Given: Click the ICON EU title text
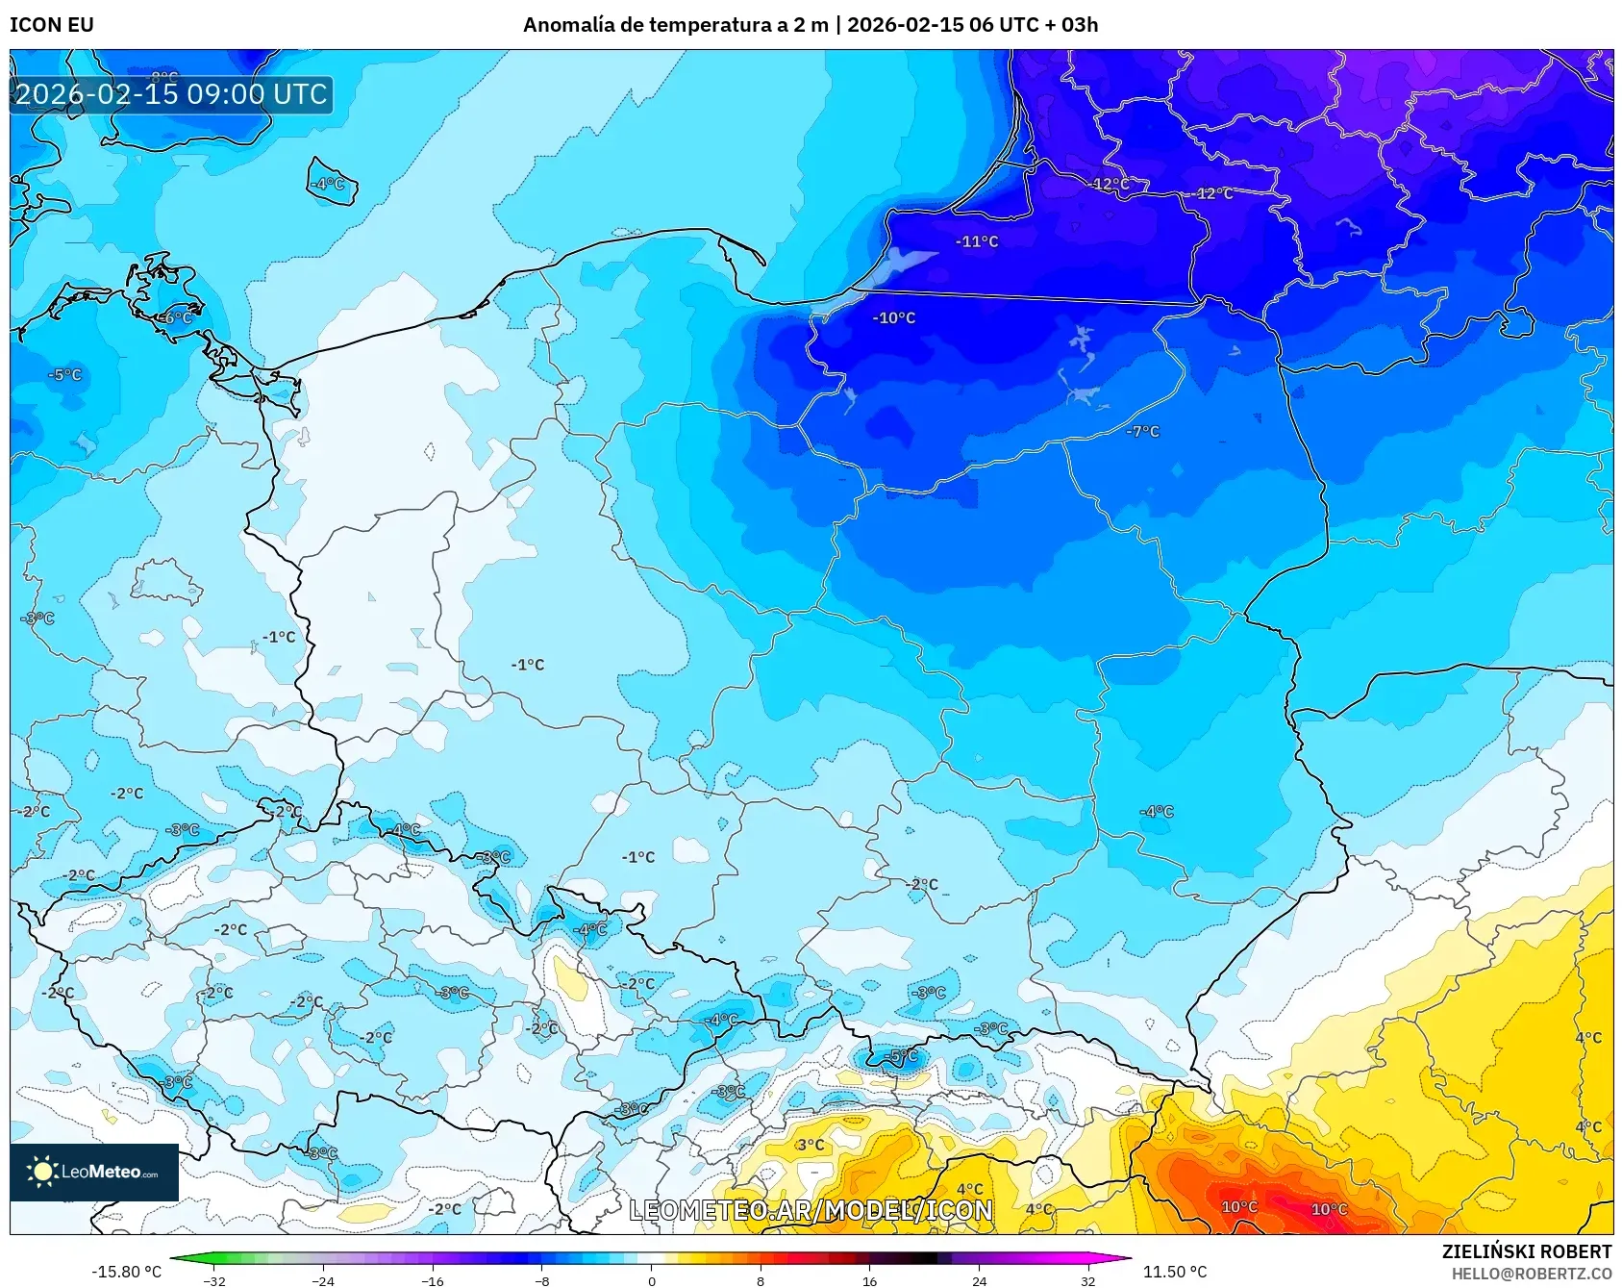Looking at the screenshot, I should click(52, 25).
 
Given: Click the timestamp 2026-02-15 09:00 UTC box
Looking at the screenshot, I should click(171, 94).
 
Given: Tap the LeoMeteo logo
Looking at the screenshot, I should click(94, 1172).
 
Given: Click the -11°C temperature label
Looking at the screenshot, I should click(977, 241).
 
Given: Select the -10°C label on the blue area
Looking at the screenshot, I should click(894, 317).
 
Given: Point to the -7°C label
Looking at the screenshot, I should click(1143, 432).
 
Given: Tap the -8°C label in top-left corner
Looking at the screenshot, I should click(163, 76).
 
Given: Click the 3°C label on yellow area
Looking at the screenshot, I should click(811, 1145).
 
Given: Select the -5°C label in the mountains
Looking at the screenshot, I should click(901, 1056).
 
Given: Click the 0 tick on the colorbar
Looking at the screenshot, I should click(652, 1280).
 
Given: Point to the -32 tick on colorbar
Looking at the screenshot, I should click(214, 1280).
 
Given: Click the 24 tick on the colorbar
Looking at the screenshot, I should click(979, 1280).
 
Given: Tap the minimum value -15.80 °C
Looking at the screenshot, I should click(126, 1272).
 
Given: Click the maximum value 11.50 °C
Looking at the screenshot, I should click(1175, 1272).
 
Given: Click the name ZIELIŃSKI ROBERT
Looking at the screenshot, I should click(1527, 1251).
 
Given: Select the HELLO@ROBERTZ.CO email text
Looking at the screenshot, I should click(1532, 1274).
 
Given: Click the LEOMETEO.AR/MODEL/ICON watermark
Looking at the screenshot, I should click(811, 1210).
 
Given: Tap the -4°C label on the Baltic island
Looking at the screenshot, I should click(328, 183).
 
